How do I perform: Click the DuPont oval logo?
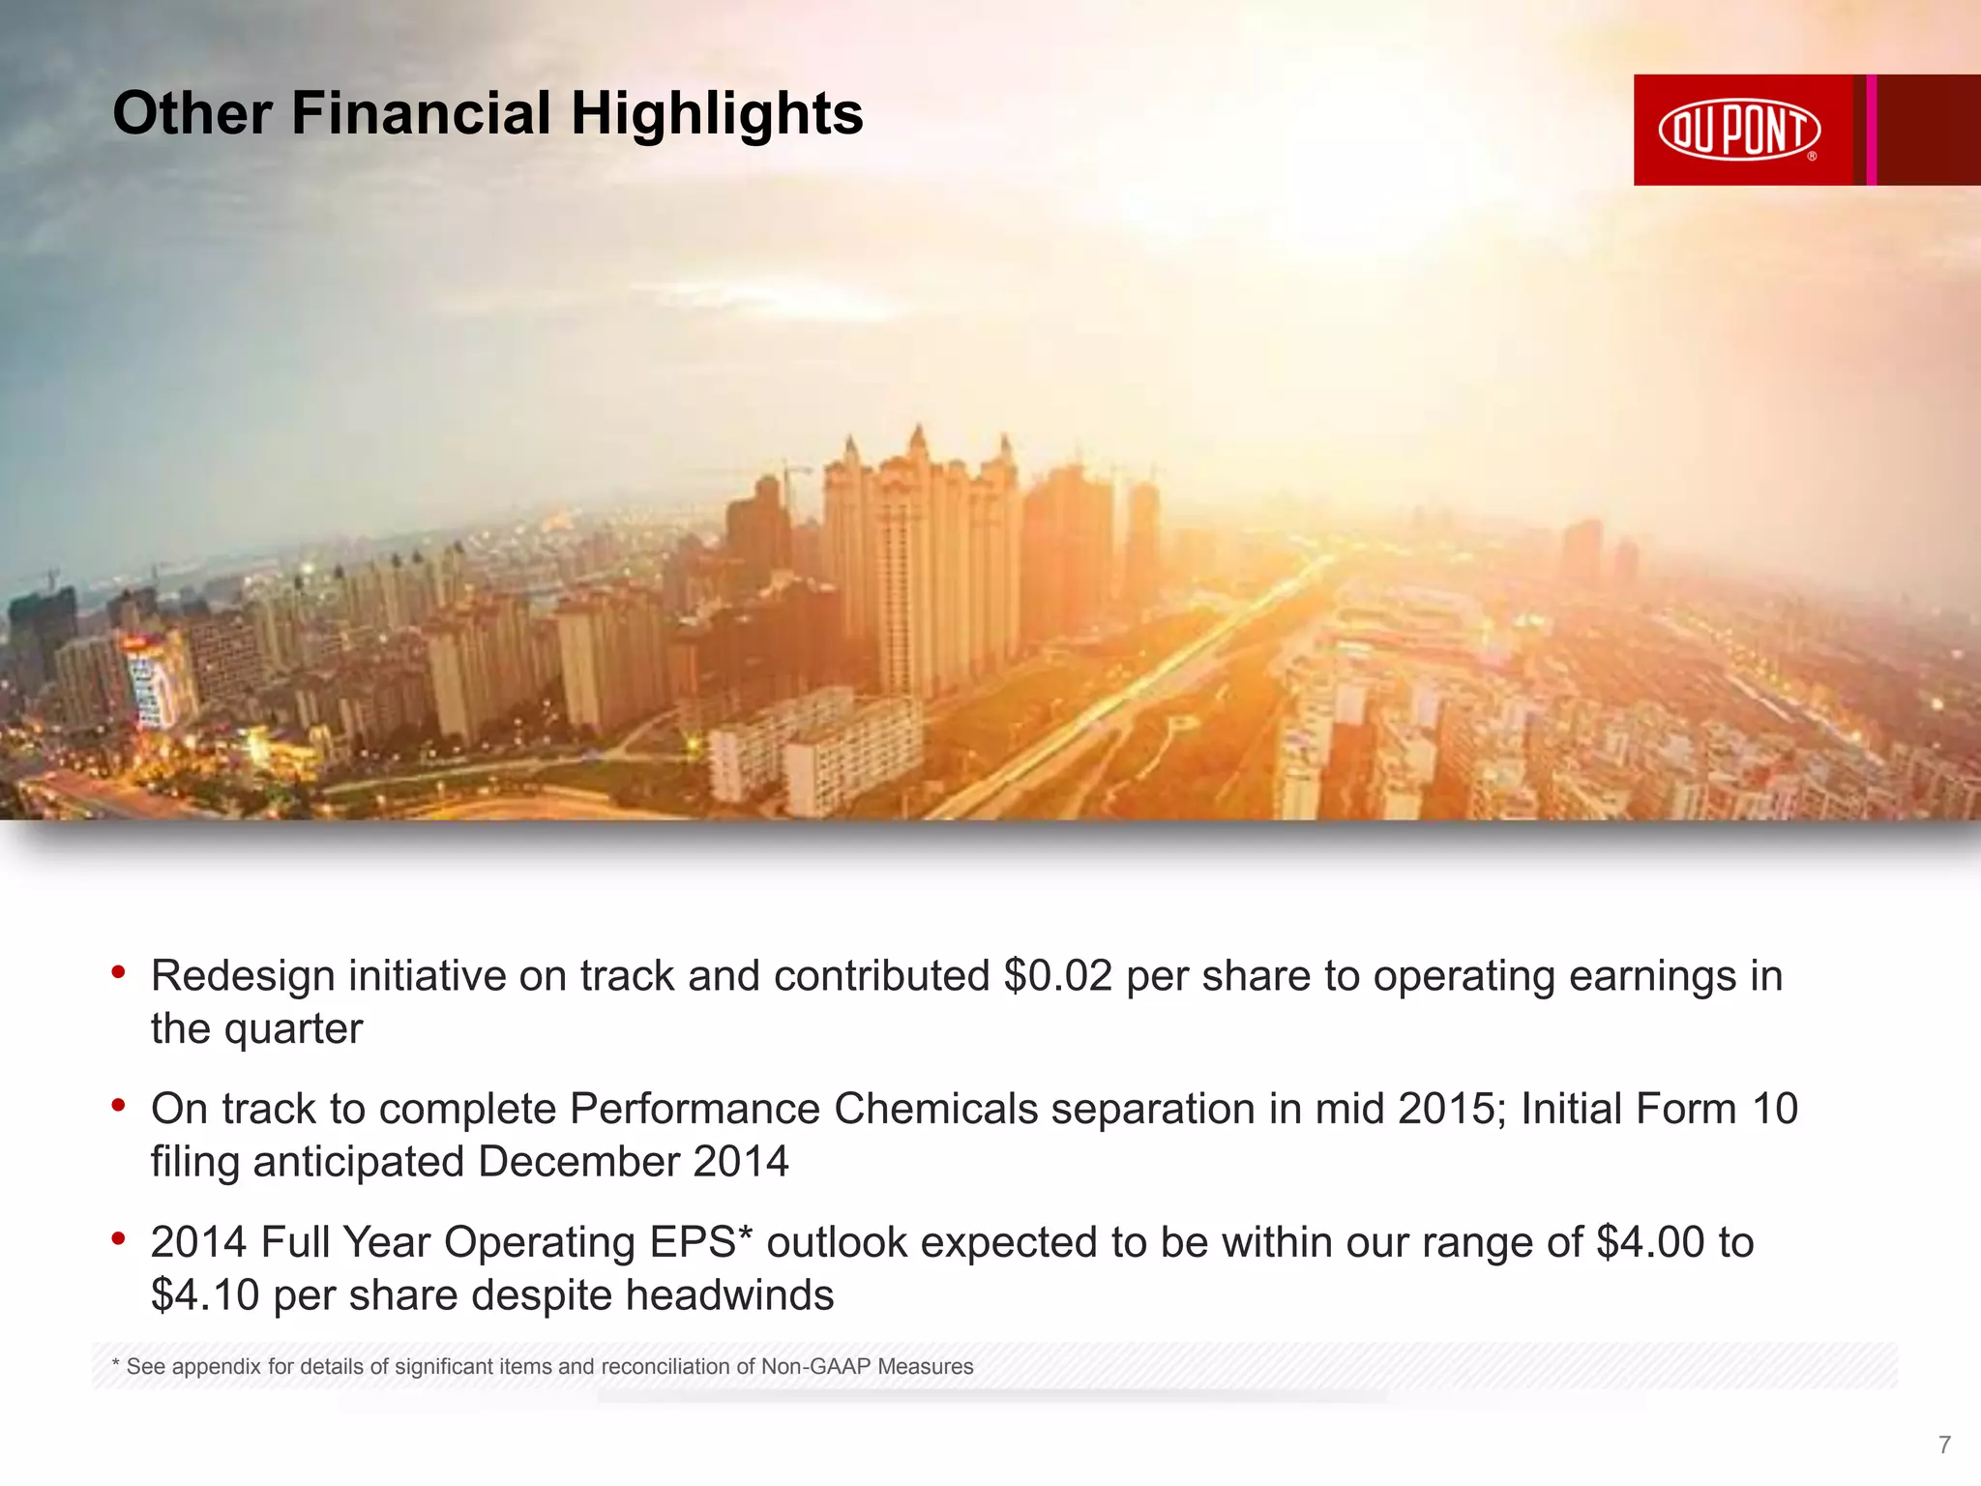pyautogui.click(x=1739, y=130)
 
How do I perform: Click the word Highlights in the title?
pyautogui.click(x=717, y=113)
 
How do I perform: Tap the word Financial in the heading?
pyautogui.click(x=421, y=113)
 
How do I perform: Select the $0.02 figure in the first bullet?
pyautogui.click(x=1058, y=975)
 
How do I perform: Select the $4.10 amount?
pyautogui.click(x=205, y=1295)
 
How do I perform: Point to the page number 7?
pyautogui.click(x=1944, y=1445)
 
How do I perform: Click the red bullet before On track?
pyautogui.click(x=119, y=1105)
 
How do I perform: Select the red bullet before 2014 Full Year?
pyautogui.click(x=119, y=1238)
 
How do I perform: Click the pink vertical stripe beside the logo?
pyautogui.click(x=1872, y=130)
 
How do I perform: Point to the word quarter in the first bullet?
pyautogui.click(x=293, y=1028)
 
